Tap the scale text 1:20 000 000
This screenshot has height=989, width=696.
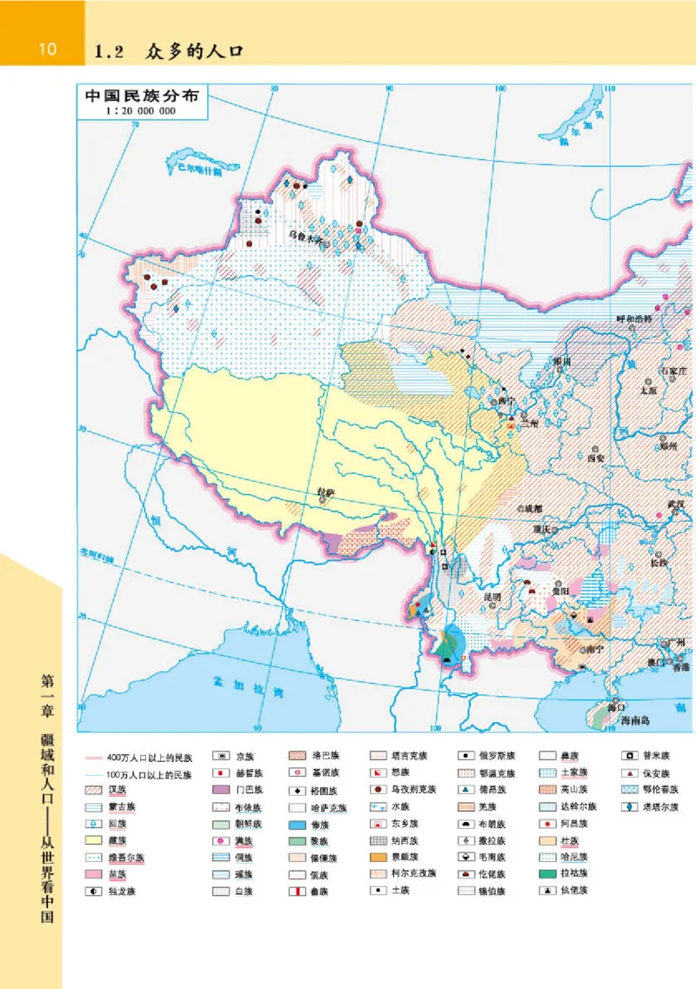click(x=140, y=111)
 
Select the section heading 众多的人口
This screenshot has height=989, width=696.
click(x=196, y=51)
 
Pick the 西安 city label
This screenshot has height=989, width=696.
click(x=596, y=456)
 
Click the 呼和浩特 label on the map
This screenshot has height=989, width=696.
click(x=633, y=320)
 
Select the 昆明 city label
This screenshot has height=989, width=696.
click(x=492, y=598)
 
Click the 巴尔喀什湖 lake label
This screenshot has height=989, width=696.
click(x=193, y=170)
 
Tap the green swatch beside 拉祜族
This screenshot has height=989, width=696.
click(x=548, y=873)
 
